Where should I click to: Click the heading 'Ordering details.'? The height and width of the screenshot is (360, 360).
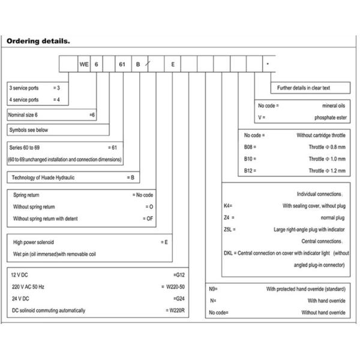tap(38, 41)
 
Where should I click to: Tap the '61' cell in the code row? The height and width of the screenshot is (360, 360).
tap(122, 64)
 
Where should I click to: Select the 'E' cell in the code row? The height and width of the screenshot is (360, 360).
tap(173, 64)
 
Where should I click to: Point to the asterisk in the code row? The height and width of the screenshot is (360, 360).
tap(268, 64)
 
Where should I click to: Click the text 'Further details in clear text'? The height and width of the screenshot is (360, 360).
tap(304, 88)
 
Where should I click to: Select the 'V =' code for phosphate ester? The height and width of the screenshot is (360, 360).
tap(261, 118)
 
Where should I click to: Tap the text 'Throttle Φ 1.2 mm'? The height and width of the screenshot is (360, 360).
tap(328, 170)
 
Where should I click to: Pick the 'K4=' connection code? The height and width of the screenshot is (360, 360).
tap(227, 206)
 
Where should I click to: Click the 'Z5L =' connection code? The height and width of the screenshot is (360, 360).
tap(230, 229)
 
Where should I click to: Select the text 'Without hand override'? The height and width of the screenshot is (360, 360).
tap(323, 312)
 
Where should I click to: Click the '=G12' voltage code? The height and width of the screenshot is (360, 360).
tap(178, 275)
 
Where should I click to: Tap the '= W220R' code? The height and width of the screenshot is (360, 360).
tap(175, 310)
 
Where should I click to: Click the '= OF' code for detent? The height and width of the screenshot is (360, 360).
tap(148, 218)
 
